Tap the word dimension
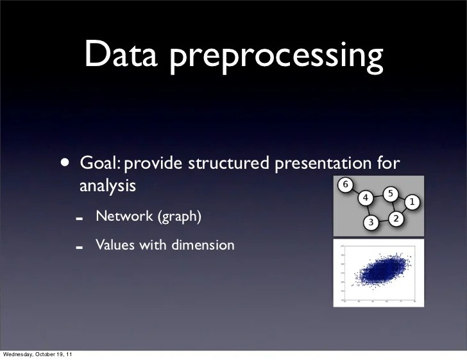point(202,244)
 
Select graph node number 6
point(344,185)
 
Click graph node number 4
point(365,198)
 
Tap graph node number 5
point(389,194)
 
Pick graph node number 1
point(411,202)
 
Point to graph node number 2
point(395,219)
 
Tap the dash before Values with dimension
point(79,246)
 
